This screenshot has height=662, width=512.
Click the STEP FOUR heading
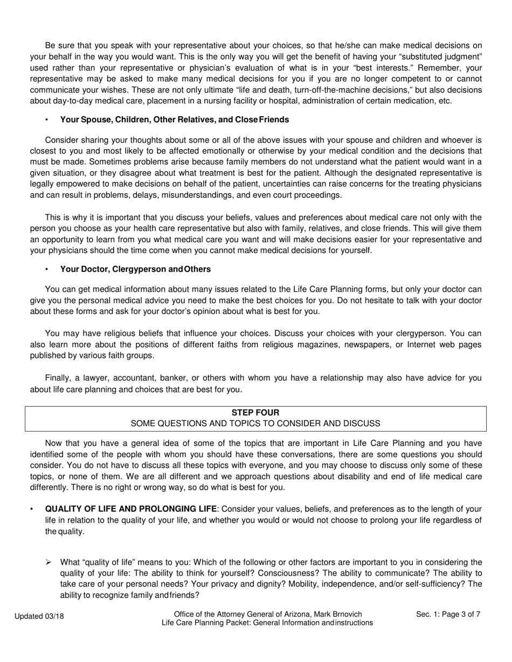click(255, 413)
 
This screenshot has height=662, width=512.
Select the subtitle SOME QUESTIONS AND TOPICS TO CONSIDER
click(255, 424)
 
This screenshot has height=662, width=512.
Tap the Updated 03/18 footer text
click(39, 616)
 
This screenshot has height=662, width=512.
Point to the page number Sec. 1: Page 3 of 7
click(448, 614)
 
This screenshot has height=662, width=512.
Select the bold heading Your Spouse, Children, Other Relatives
click(174, 119)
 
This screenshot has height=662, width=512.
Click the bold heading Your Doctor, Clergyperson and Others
click(135, 269)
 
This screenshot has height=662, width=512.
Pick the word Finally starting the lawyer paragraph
click(59, 378)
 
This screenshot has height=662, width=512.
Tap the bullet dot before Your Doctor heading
click(47, 269)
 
